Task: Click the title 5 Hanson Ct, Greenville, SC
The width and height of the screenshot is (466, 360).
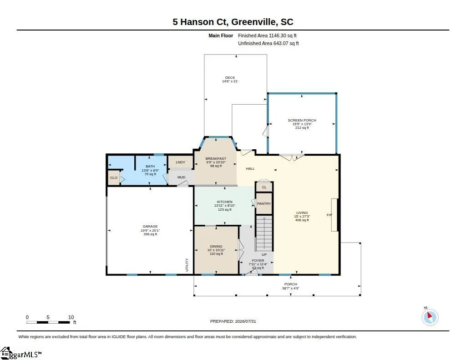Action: pyautogui.click(x=233, y=22)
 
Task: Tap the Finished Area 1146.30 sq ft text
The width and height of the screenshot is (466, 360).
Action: pyautogui.click(x=267, y=35)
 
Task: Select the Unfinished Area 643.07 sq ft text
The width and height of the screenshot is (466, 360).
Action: pyautogui.click(x=268, y=43)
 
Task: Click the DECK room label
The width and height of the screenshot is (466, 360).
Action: pyautogui.click(x=230, y=77)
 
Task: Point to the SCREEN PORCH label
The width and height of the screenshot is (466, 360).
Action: pyautogui.click(x=302, y=121)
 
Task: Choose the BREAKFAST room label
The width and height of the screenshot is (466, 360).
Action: pyautogui.click(x=216, y=159)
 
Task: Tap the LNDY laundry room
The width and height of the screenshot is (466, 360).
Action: pyautogui.click(x=180, y=162)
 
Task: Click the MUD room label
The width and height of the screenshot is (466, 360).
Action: pyautogui.click(x=181, y=177)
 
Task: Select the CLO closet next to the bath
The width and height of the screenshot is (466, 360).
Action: pyautogui.click(x=113, y=178)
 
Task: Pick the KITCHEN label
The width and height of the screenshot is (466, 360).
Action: pyautogui.click(x=225, y=202)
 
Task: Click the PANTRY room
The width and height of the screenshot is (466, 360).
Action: pyautogui.click(x=264, y=203)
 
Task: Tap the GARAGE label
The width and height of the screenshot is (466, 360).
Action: pyautogui.click(x=150, y=227)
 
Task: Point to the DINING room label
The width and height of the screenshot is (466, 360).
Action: pyautogui.click(x=216, y=246)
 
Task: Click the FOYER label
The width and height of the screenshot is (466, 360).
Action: pyautogui.click(x=258, y=261)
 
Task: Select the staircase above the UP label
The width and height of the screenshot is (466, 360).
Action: pyautogui.click(x=264, y=233)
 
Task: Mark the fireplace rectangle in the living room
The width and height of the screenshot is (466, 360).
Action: pyautogui.click(x=334, y=215)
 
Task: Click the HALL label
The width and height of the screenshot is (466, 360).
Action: pyautogui.click(x=250, y=168)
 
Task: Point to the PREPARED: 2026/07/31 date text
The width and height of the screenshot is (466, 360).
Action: pyautogui.click(x=233, y=321)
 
